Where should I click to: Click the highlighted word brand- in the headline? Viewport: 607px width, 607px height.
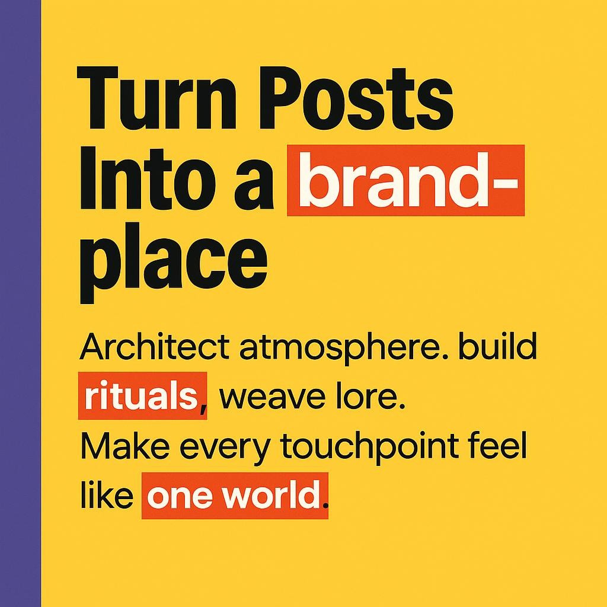pyautogui.click(x=406, y=181)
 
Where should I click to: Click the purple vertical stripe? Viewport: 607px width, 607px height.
pyautogui.click(x=20, y=303)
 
